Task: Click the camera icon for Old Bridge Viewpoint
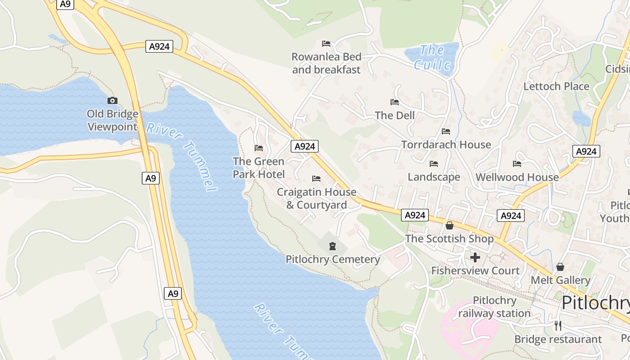pyautogui.click(x=112, y=100)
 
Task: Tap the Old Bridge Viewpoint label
pyautogui.click(x=112, y=120)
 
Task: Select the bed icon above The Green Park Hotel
pyautogui.click(x=259, y=148)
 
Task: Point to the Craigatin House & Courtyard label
pyautogui.click(x=316, y=198)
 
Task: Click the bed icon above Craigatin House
pyautogui.click(x=316, y=179)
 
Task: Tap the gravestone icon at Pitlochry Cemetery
pyautogui.click(x=333, y=246)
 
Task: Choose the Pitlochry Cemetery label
pyautogui.click(x=333, y=260)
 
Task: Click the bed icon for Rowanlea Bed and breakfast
pyautogui.click(x=326, y=44)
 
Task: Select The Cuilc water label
pyautogui.click(x=432, y=58)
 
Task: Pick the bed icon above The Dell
pyautogui.click(x=395, y=102)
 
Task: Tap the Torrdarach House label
pyautogui.click(x=446, y=144)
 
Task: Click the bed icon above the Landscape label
pyautogui.click(x=434, y=164)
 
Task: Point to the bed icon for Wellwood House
pyautogui.click(x=517, y=164)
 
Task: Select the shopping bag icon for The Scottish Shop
pyautogui.click(x=449, y=225)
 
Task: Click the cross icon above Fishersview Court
pyautogui.click(x=475, y=257)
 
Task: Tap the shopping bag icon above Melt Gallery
pyautogui.click(x=560, y=267)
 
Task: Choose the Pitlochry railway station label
pyautogui.click(x=494, y=307)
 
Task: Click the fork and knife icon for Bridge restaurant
pyautogui.click(x=558, y=326)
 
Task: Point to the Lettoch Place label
pyautogui.click(x=556, y=86)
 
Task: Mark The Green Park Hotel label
pyautogui.click(x=259, y=167)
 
